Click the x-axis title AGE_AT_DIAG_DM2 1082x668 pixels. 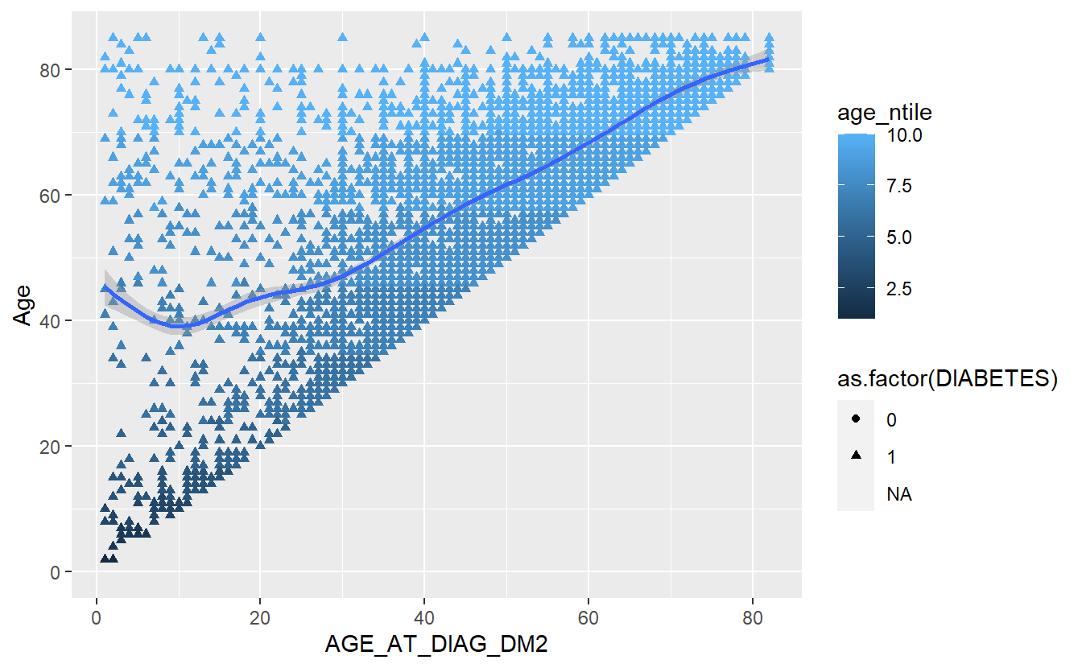pyautogui.click(x=436, y=645)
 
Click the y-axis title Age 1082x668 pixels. pyautogui.click(x=25, y=307)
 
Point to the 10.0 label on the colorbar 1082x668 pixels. pyautogui.click(x=905, y=136)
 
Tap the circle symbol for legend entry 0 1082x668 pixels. pyautogui.click(x=856, y=419)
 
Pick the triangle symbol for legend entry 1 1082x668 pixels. pyautogui.click(x=856, y=456)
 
